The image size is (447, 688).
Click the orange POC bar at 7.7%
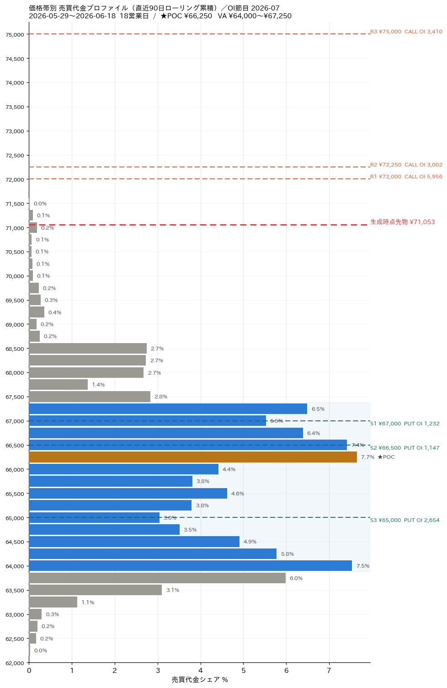tap(193, 457)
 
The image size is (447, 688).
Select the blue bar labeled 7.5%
tap(190, 566)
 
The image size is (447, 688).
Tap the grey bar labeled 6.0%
tap(157, 578)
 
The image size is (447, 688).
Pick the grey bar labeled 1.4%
tap(59, 385)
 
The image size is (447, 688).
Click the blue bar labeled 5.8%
tap(153, 554)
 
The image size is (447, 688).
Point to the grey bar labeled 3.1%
tap(96, 590)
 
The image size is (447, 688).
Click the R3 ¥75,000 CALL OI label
tap(406, 32)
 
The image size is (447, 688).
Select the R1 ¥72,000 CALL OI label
tap(406, 177)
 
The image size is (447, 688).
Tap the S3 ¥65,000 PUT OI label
tap(404, 520)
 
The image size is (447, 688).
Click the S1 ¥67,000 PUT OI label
tap(404, 424)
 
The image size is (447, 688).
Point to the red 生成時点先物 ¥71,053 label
tap(403, 222)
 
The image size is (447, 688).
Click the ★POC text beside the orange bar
tap(386, 457)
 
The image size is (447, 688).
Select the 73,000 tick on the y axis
tap(15, 131)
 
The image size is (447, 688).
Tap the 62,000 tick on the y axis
tap(15, 663)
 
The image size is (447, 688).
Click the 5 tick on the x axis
tap(244, 671)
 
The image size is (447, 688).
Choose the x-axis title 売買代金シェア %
tap(199, 680)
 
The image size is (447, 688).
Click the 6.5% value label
tap(318, 409)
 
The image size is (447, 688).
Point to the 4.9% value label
tap(250, 542)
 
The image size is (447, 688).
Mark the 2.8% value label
tap(161, 397)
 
